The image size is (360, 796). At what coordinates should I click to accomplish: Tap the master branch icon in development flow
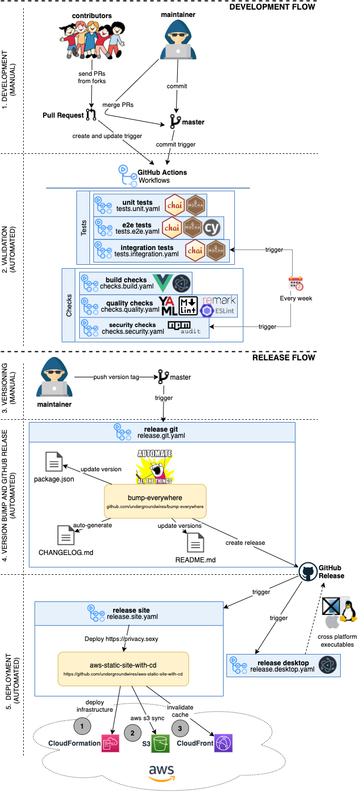pos(175,122)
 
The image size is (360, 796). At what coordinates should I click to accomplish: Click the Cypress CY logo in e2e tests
pos(213,227)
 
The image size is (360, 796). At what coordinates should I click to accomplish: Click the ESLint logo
pos(207,311)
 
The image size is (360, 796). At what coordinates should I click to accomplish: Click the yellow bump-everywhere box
pos(155,500)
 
